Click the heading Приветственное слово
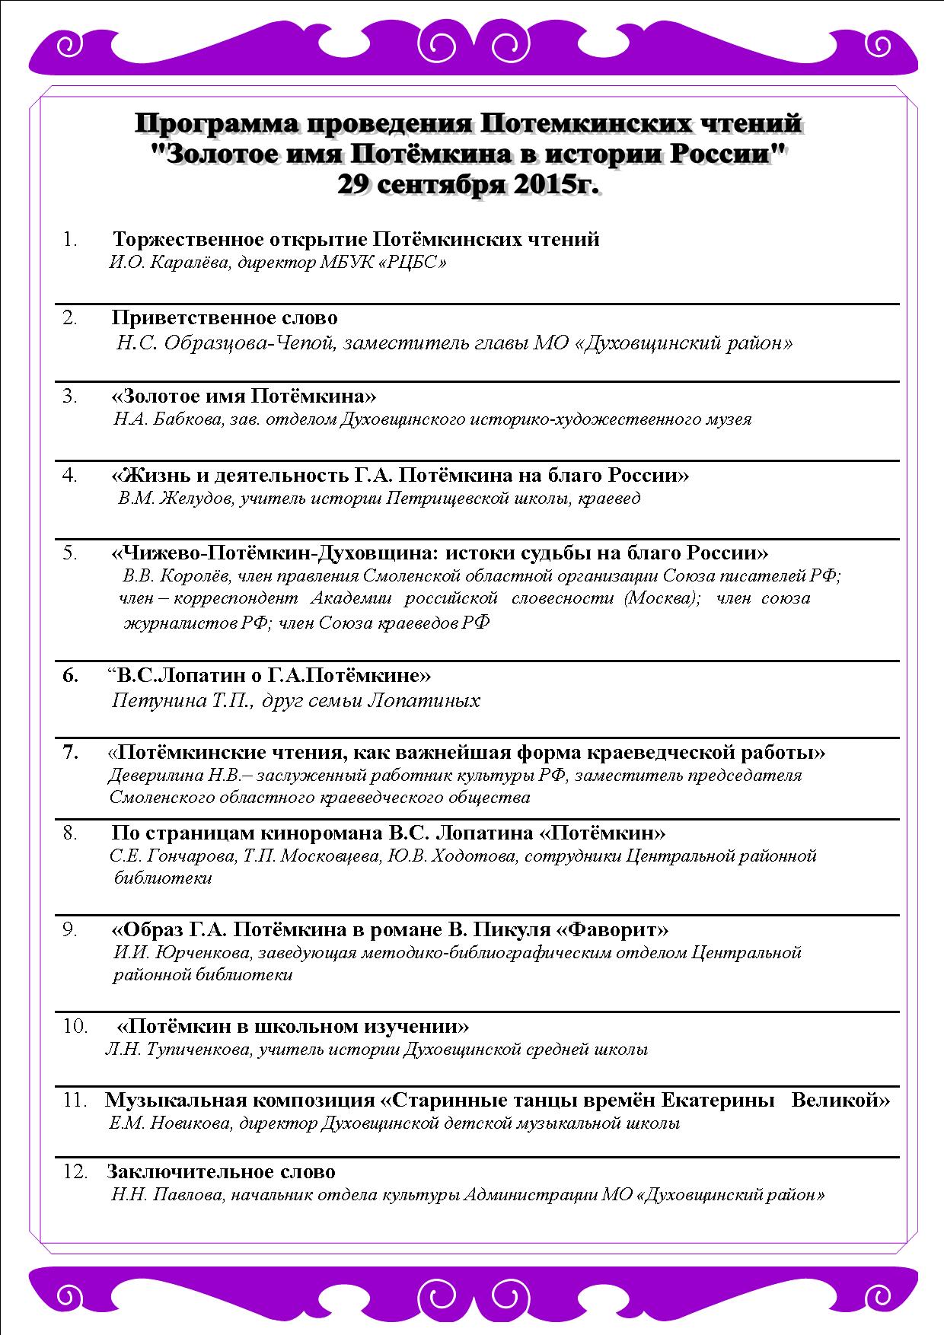pos(225,317)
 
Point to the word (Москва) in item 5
pos(662,598)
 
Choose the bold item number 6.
pos(70,675)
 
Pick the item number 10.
pos(75,1026)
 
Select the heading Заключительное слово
pos(221,1171)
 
